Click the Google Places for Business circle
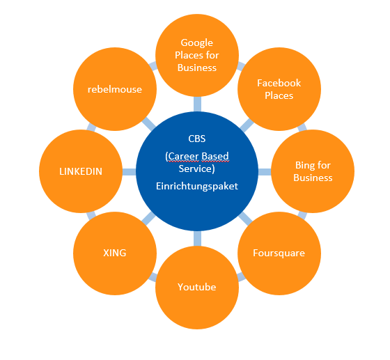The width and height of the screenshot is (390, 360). (197, 55)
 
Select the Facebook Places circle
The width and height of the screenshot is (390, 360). (279, 89)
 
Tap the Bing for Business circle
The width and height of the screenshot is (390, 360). (313, 171)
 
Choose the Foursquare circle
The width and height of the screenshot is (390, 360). (279, 253)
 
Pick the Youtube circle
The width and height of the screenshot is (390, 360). (197, 288)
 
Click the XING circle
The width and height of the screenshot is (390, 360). (115, 253)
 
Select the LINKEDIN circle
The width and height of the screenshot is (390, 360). (81, 171)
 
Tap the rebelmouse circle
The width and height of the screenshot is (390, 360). (115, 89)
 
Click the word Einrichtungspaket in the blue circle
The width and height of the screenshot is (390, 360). (197, 186)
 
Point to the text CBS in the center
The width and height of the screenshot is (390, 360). (197, 139)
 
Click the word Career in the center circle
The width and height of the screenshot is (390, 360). (184, 157)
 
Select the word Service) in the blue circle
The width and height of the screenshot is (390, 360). (196, 169)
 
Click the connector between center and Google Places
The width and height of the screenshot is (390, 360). (197, 104)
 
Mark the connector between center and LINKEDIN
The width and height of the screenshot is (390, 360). (129, 171)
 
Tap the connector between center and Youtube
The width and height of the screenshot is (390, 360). (197, 238)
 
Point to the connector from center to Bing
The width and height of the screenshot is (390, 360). (265, 171)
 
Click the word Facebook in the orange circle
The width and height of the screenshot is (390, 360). (279, 83)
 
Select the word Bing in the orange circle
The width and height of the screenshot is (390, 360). (302, 165)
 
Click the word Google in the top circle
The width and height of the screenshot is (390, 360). (196, 42)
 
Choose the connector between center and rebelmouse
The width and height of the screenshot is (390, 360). (149, 123)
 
